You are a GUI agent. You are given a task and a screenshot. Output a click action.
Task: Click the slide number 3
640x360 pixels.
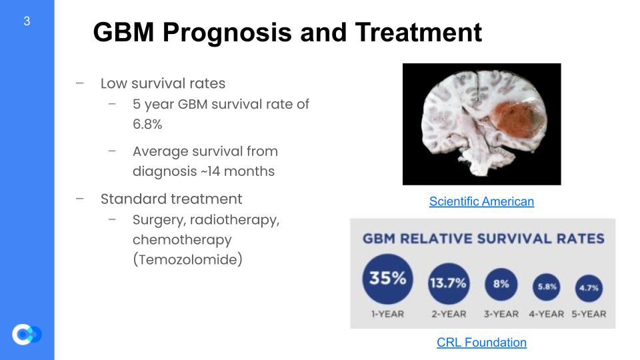[27, 21]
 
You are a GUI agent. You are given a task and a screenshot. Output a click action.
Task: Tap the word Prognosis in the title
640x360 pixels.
[227, 33]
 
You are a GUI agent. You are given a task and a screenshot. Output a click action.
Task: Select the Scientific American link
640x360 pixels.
[481, 201]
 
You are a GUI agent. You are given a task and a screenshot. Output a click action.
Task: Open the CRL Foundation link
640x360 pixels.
[481, 342]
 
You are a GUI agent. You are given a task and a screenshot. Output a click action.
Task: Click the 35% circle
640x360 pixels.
[388, 279]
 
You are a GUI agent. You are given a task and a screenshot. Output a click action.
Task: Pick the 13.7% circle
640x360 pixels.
[449, 283]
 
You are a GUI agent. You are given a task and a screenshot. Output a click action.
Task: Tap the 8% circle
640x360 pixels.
[501, 284]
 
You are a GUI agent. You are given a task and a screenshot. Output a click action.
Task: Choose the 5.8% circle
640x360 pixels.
[547, 287]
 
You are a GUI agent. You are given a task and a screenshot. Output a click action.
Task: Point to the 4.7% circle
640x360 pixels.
[589, 288]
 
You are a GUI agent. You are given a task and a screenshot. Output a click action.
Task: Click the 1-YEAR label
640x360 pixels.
[387, 314]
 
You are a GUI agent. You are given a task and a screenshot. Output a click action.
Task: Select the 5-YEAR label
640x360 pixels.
[589, 314]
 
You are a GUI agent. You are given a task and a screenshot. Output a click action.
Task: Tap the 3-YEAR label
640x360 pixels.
[501, 314]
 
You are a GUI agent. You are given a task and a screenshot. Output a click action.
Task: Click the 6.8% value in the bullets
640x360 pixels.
[147, 124]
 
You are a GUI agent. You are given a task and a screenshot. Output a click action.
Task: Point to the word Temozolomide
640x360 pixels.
[188, 259]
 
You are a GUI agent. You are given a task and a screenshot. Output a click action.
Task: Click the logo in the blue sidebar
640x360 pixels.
[27, 334]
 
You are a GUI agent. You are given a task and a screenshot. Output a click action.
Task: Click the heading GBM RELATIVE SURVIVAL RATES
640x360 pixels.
[484, 239]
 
